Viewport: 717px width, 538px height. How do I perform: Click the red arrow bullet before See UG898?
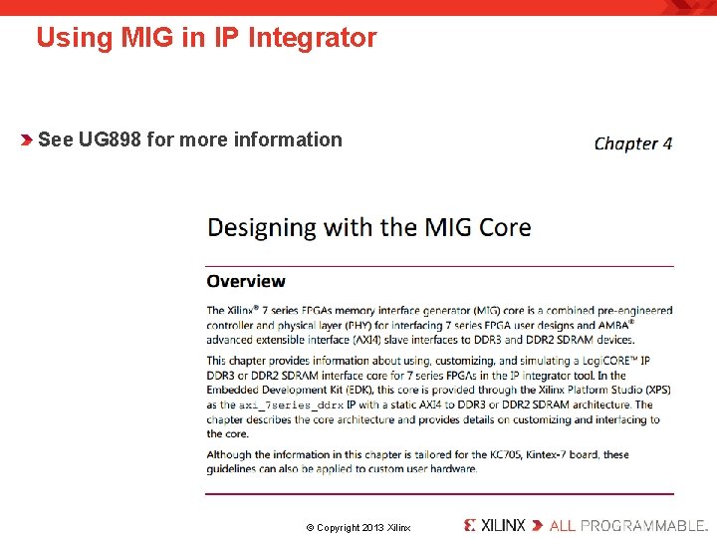[27, 139]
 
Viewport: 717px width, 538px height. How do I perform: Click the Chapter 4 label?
[633, 143]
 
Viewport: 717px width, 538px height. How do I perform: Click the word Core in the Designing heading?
[505, 227]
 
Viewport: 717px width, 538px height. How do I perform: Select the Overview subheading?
[246, 282]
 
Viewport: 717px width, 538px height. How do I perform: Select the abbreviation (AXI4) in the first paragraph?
[370, 340]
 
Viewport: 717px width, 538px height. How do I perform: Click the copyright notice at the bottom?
[358, 527]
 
